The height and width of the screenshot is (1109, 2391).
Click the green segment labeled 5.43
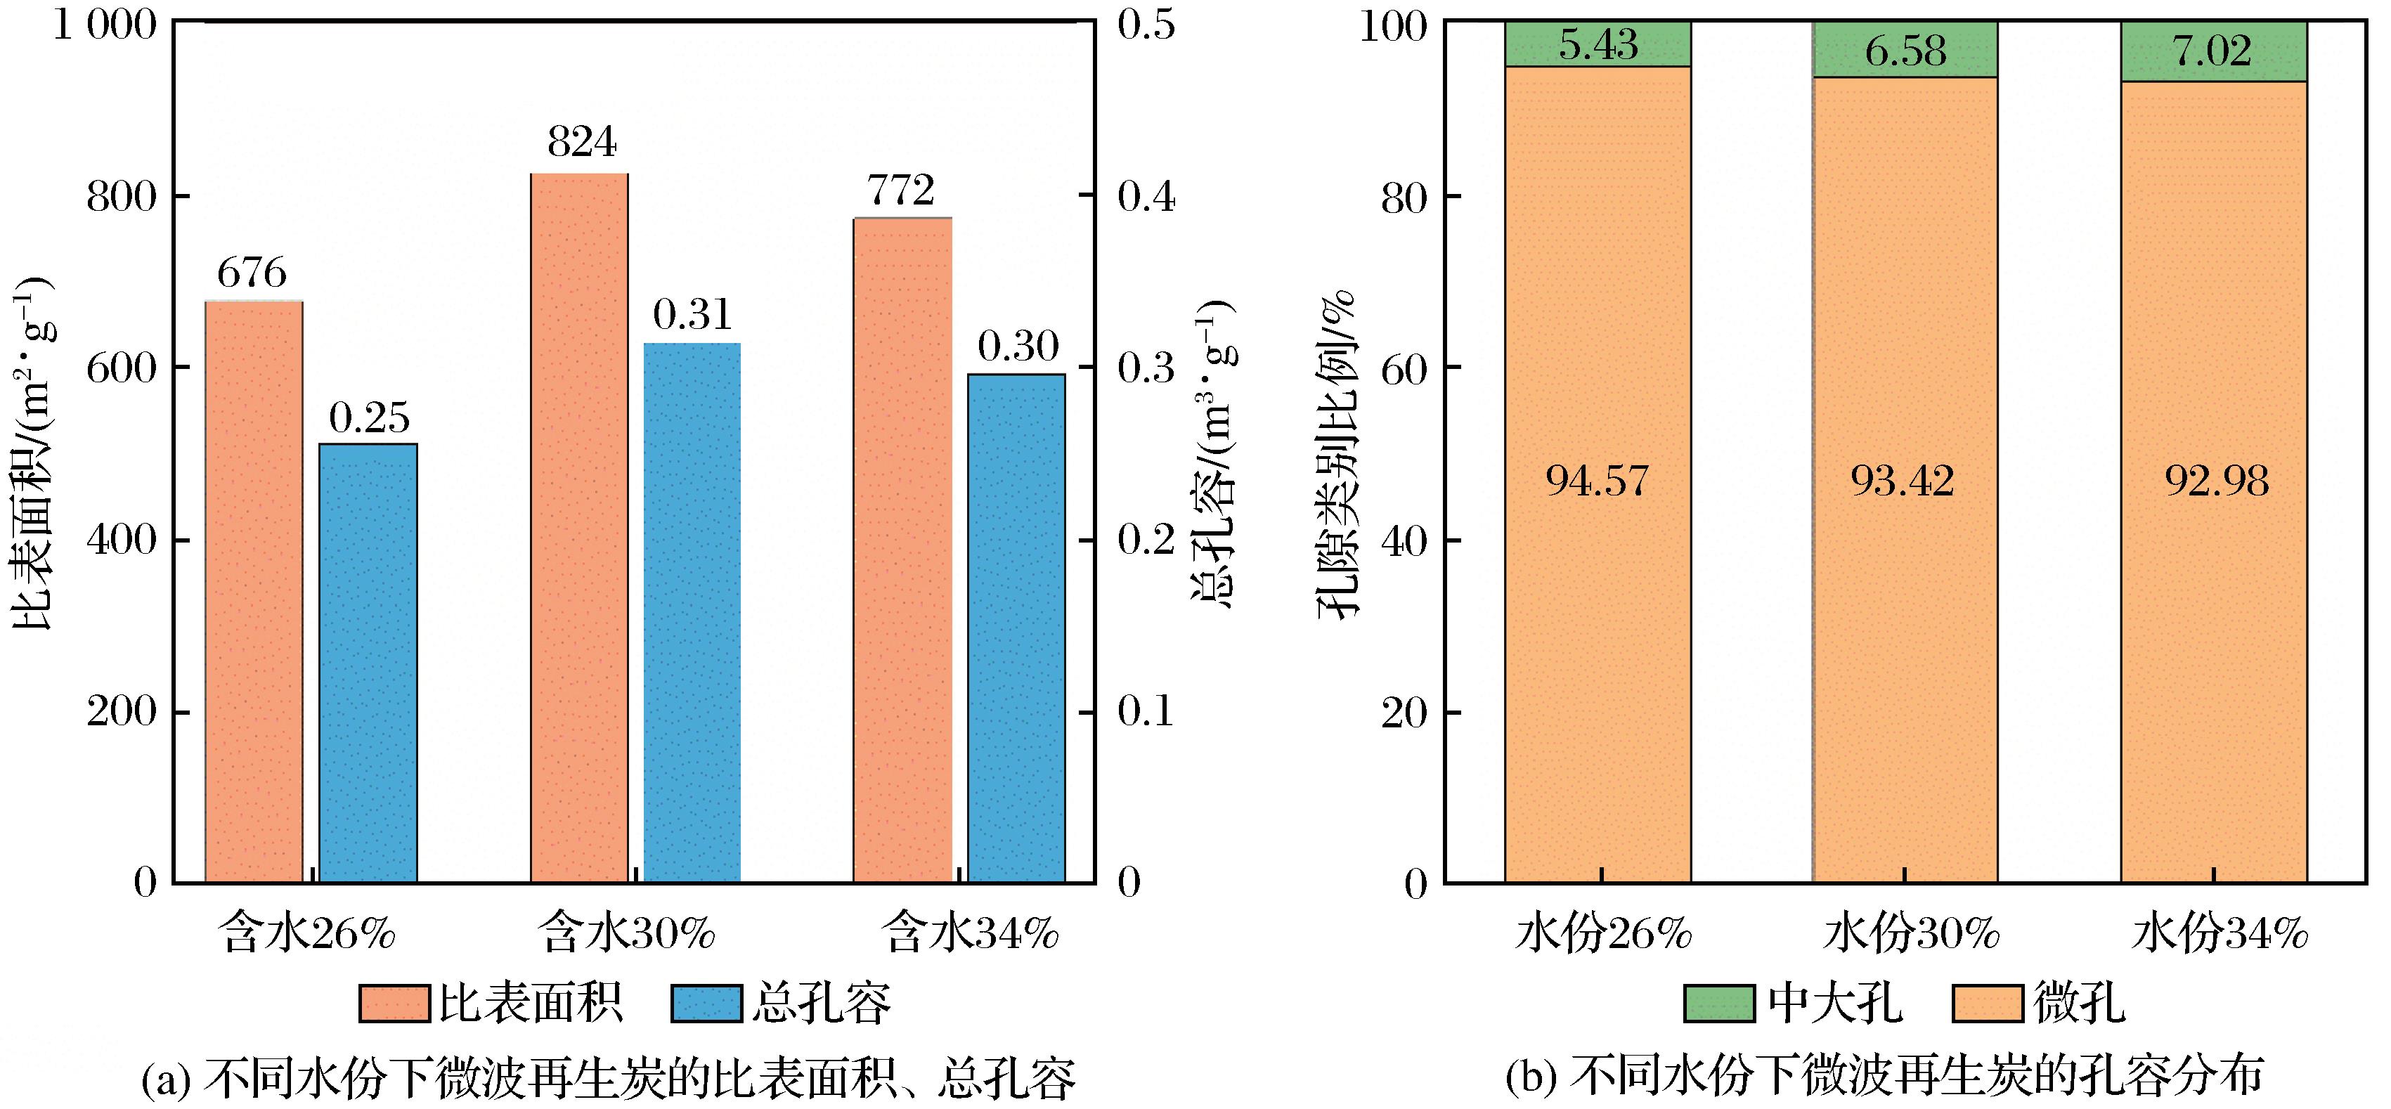tap(1598, 44)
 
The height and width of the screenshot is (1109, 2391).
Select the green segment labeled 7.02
tap(2214, 52)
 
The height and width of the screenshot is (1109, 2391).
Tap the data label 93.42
tap(1903, 481)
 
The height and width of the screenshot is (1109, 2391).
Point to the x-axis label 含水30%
tap(628, 933)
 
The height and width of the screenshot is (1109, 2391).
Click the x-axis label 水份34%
tap(2220, 933)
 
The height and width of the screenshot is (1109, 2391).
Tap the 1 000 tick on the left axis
tap(105, 25)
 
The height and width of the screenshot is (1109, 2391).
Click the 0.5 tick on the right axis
tap(1146, 25)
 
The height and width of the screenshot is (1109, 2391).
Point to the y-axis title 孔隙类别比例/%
tap(1337, 454)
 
